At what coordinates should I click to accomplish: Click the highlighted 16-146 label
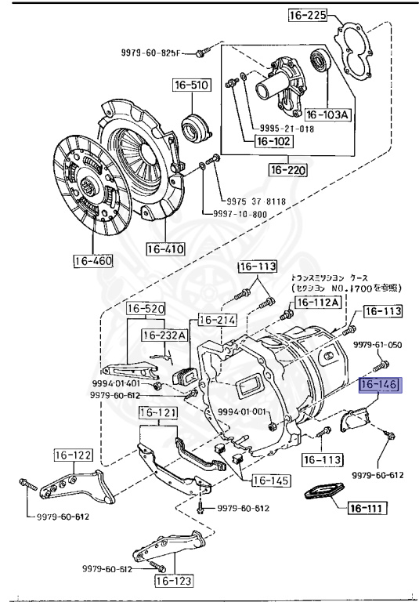tap(379, 386)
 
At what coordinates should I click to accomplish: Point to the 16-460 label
tap(94, 260)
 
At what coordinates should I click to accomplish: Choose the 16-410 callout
tap(164, 250)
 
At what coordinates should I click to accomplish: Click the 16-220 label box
tap(288, 169)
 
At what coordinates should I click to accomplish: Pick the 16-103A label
tap(327, 114)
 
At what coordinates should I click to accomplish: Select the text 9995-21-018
tap(286, 128)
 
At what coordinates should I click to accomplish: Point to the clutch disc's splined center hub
tap(88, 185)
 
